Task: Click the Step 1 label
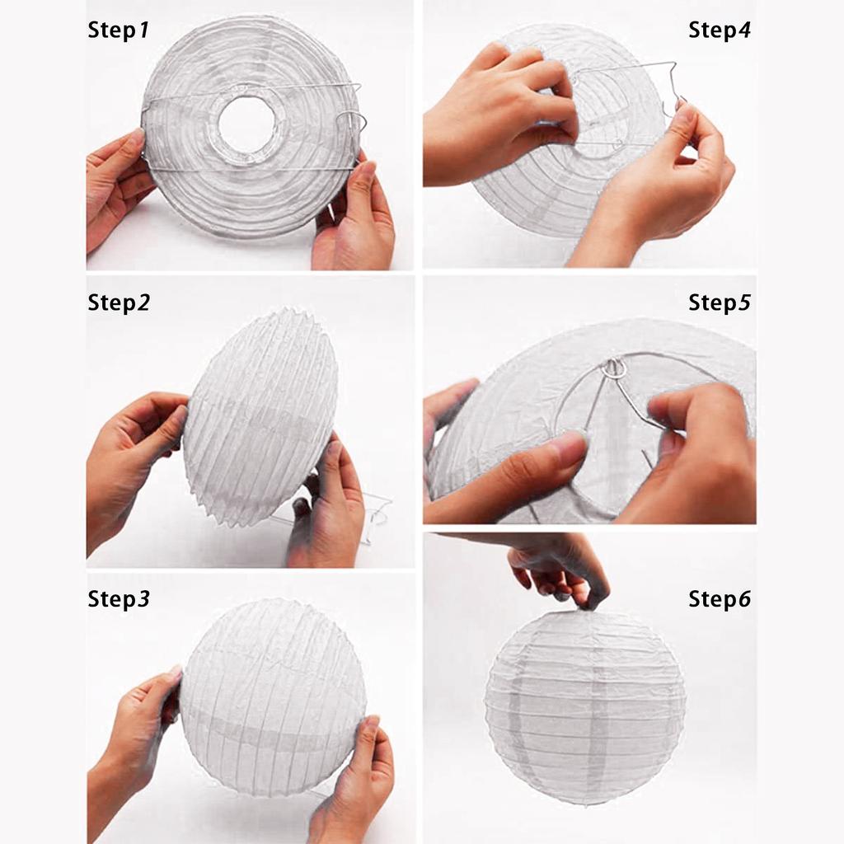tap(118, 30)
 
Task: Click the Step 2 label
tap(119, 302)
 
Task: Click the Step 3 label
tap(119, 598)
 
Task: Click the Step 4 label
tap(719, 30)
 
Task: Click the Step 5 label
tap(719, 302)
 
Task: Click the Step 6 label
tap(719, 598)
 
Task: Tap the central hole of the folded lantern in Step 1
tap(247, 125)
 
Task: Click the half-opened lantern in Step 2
tap(260, 417)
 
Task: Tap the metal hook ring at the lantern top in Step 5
tap(613, 369)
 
